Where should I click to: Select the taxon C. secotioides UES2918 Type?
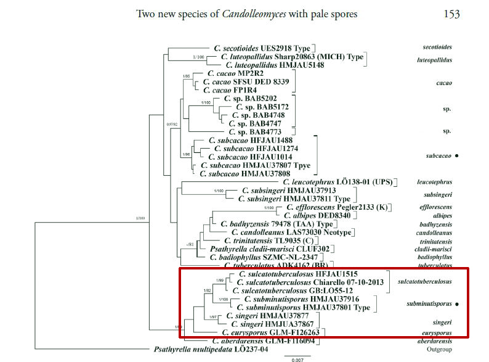pyautogui.click(x=263, y=47)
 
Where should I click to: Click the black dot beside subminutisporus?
pyautogui.click(x=459, y=304)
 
